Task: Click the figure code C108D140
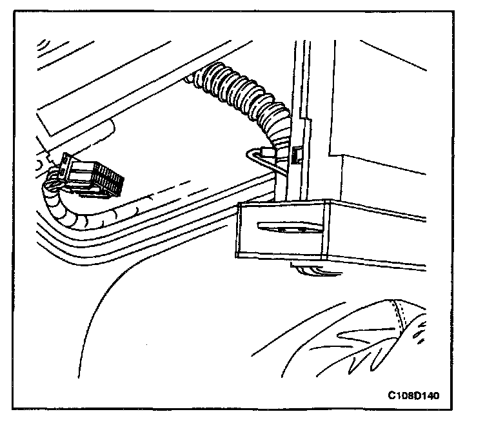(413, 394)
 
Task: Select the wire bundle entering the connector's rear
(53, 174)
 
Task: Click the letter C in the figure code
(392, 394)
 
